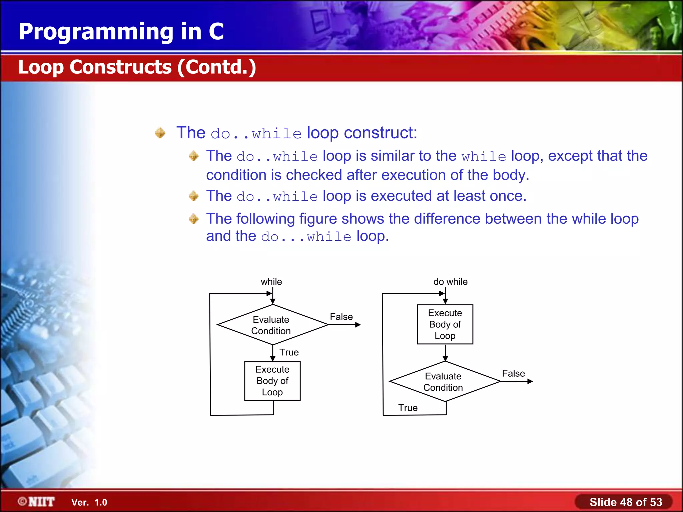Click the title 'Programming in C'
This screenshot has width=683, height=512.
pyautogui.click(x=121, y=32)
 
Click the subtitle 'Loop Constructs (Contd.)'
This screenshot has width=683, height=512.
pyautogui.click(x=137, y=67)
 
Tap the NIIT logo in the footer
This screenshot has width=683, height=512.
pyautogui.click(x=37, y=502)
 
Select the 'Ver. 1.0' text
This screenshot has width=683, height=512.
pyautogui.click(x=89, y=502)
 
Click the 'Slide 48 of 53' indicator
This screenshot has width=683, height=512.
pyautogui.click(x=625, y=502)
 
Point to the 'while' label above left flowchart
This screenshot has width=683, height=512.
pyautogui.click(x=271, y=282)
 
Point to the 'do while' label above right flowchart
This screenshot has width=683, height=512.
pyautogui.click(x=450, y=282)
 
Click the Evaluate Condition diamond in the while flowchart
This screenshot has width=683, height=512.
pyautogui.click(x=272, y=325)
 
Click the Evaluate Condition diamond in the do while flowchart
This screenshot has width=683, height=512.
pyautogui.click(x=444, y=382)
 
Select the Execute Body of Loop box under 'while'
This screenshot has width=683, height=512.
pyautogui.click(x=272, y=381)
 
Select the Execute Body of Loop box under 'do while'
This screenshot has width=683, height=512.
pyautogui.click(x=445, y=324)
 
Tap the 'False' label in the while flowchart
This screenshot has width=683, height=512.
pyautogui.click(x=341, y=317)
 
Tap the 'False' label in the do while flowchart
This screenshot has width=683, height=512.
pyautogui.click(x=513, y=373)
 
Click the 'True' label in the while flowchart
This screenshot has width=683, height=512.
pyautogui.click(x=289, y=352)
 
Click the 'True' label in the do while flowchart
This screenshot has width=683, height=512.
pyautogui.click(x=408, y=408)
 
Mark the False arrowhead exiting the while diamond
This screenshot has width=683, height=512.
pyautogui.click(x=358, y=325)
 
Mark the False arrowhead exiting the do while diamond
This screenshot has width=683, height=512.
pyautogui.click(x=530, y=381)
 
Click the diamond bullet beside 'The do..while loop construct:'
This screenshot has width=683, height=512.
pyautogui.click(x=160, y=133)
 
